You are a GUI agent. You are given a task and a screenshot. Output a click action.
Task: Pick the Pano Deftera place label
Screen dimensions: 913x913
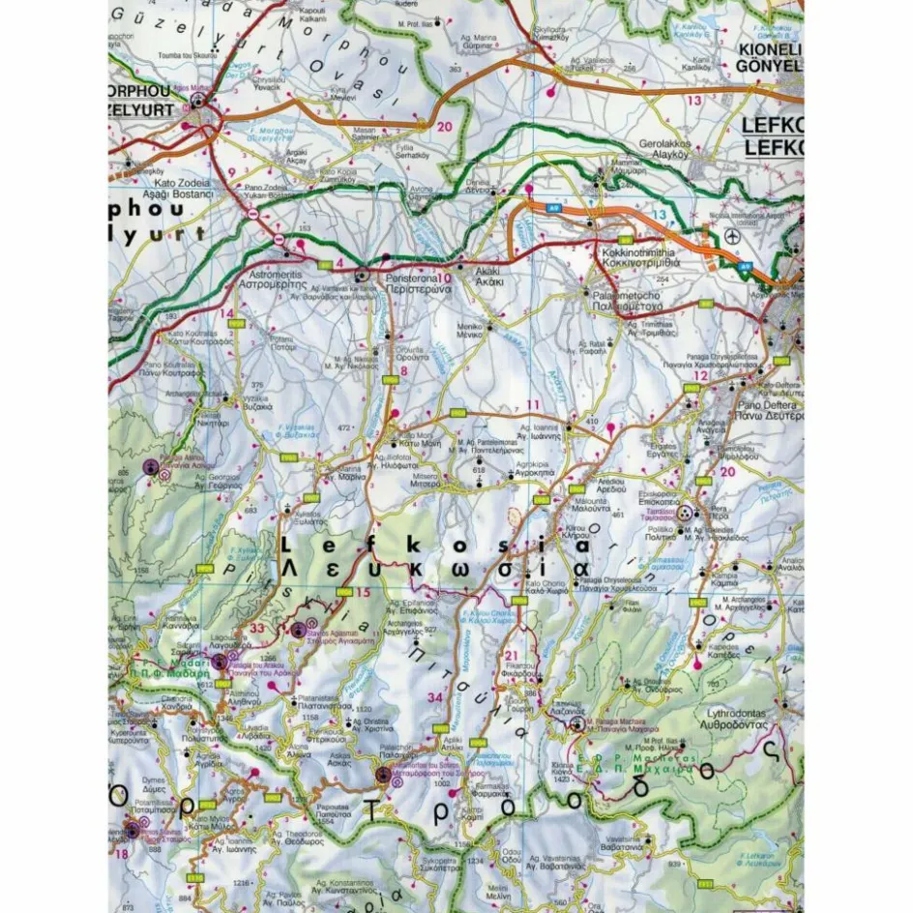(765, 412)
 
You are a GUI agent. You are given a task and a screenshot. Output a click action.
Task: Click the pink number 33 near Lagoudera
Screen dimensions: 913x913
(256, 629)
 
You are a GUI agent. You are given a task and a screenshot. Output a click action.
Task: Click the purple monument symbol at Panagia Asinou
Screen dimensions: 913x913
(151, 467)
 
